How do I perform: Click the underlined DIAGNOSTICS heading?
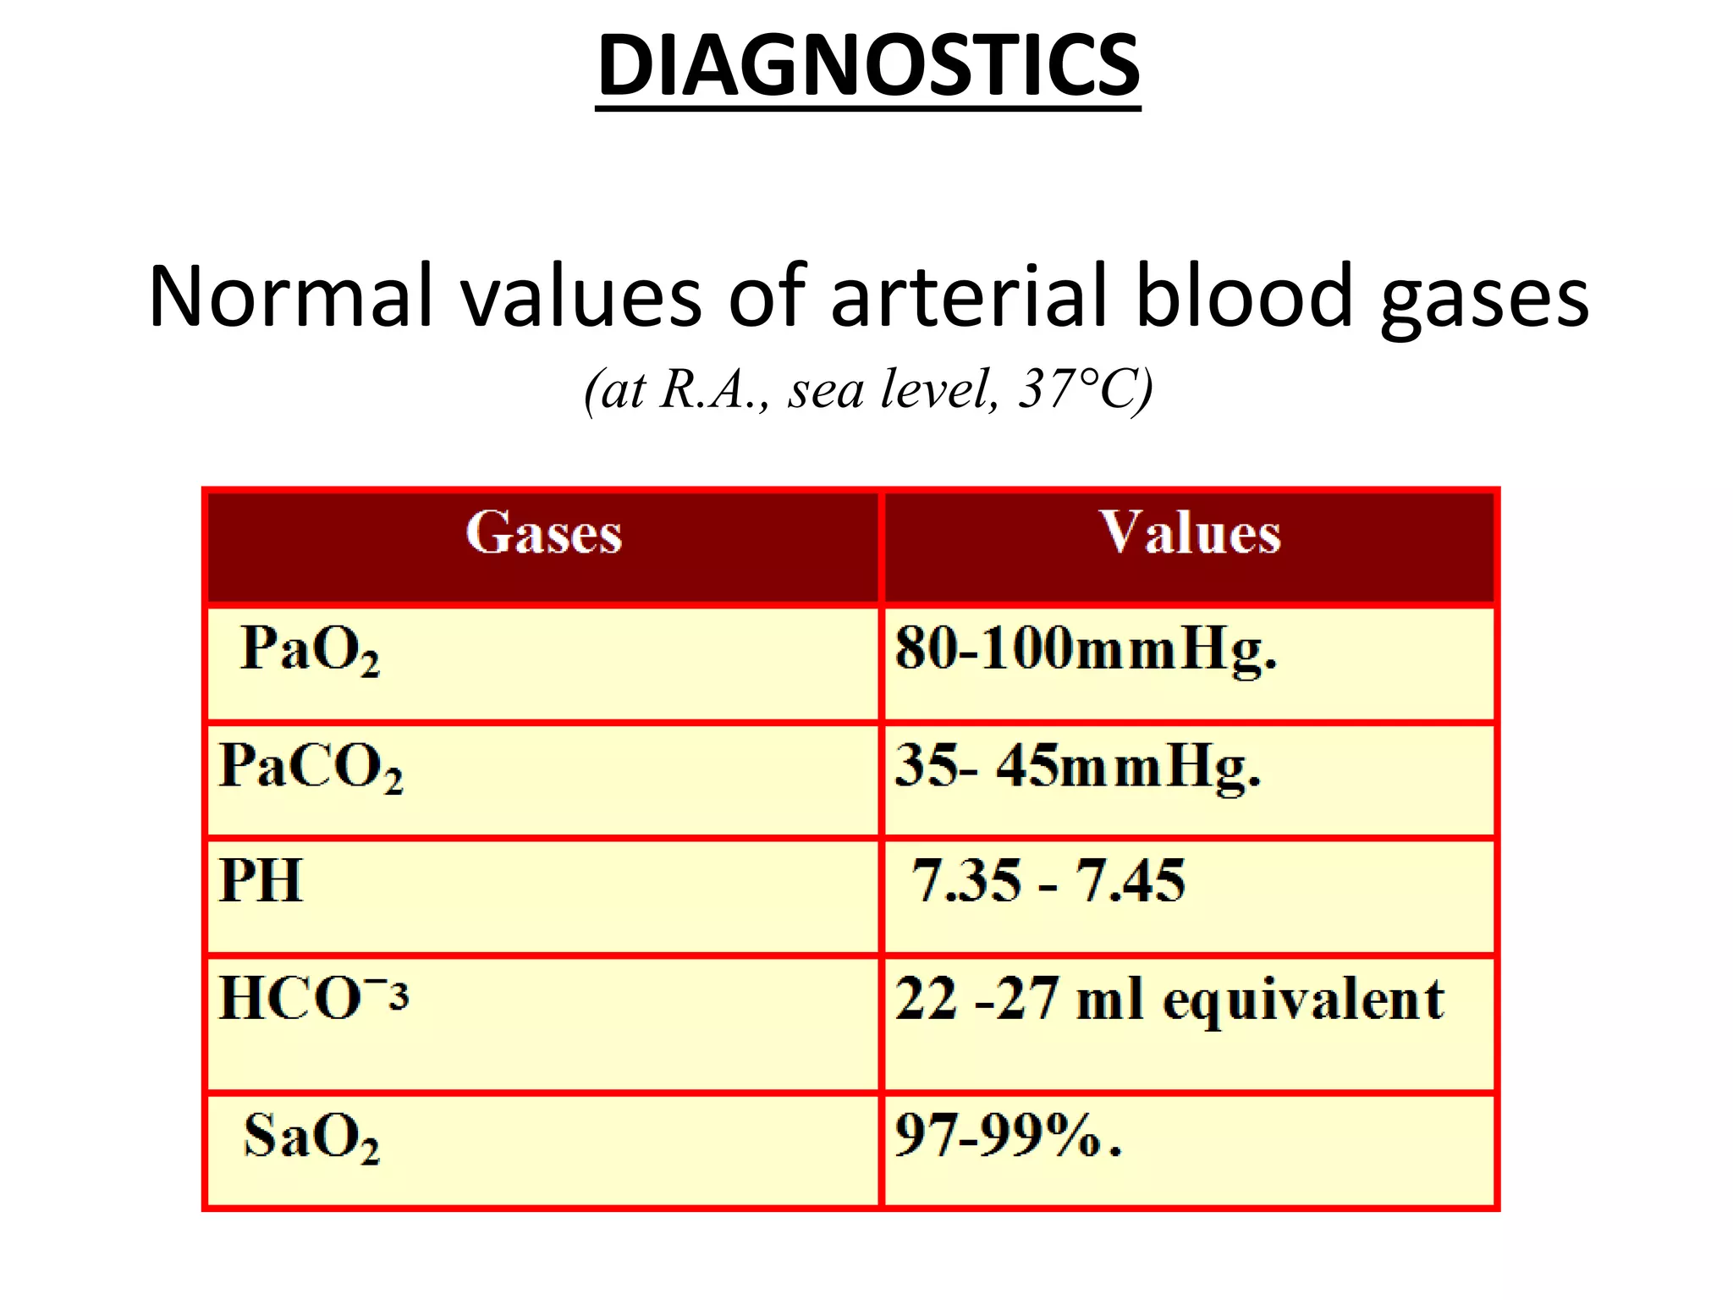click(x=868, y=66)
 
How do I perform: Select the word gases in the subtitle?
click(x=1484, y=298)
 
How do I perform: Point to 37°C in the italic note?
click(x=1084, y=389)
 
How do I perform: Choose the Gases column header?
click(x=543, y=533)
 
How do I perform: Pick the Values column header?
click(x=1190, y=533)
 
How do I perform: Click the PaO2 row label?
click(x=310, y=650)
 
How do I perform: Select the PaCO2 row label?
click(x=311, y=767)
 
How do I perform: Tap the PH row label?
click(x=261, y=881)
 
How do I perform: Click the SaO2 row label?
click(x=311, y=1137)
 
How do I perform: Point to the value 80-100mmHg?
click(x=1086, y=650)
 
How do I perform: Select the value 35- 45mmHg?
click(x=1077, y=767)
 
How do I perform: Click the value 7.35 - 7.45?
click(x=1048, y=881)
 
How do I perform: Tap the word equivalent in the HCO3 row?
click(x=1303, y=1000)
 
